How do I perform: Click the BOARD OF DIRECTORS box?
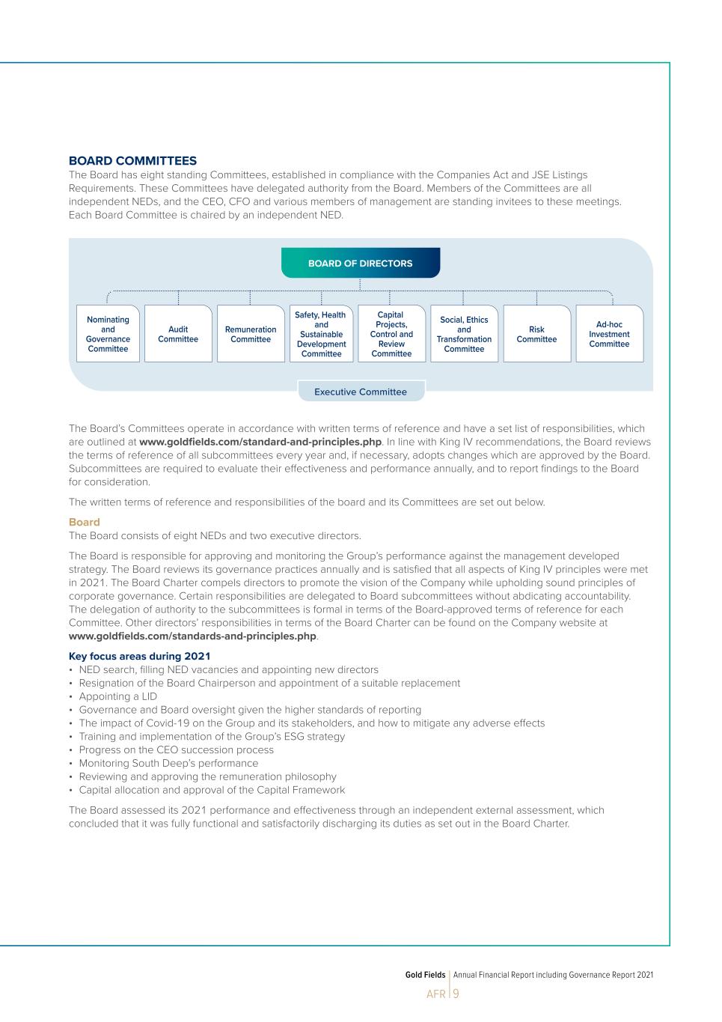pyautogui.click(x=360, y=264)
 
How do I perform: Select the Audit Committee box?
pyautogui.click(x=178, y=334)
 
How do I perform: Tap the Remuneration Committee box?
pyautogui.click(x=251, y=334)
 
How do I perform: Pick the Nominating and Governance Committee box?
pyautogui.click(x=108, y=334)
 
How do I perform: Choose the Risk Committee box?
pyautogui.click(x=536, y=334)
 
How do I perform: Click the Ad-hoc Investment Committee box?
pyautogui.click(x=609, y=334)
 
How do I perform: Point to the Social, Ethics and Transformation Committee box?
pyautogui.click(x=464, y=334)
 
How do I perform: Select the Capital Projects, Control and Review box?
pyautogui.click(x=391, y=334)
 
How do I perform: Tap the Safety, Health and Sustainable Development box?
pyautogui.click(x=321, y=334)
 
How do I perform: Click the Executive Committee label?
pyautogui.click(x=361, y=392)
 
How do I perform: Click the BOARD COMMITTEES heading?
pyautogui.click(x=132, y=161)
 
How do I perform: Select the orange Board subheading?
pyautogui.click(x=84, y=522)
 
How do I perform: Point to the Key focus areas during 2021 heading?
pyautogui.click(x=139, y=657)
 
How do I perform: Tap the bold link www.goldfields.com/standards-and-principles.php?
pyautogui.click(x=192, y=636)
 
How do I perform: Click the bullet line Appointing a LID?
pyautogui.click(x=118, y=696)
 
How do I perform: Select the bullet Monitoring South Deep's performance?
pyautogui.click(x=168, y=763)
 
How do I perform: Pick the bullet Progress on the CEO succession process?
pyautogui.click(x=177, y=749)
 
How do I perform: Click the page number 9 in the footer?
pyautogui.click(x=456, y=994)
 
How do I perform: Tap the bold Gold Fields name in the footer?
pyautogui.click(x=425, y=975)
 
